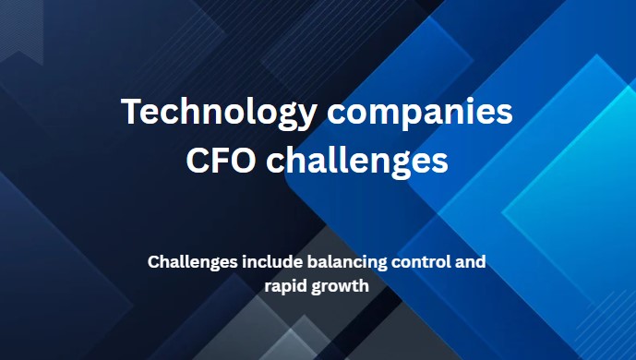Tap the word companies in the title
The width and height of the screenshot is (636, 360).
414,113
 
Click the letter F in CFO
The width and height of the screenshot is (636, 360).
222,160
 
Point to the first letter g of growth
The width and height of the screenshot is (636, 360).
319,288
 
